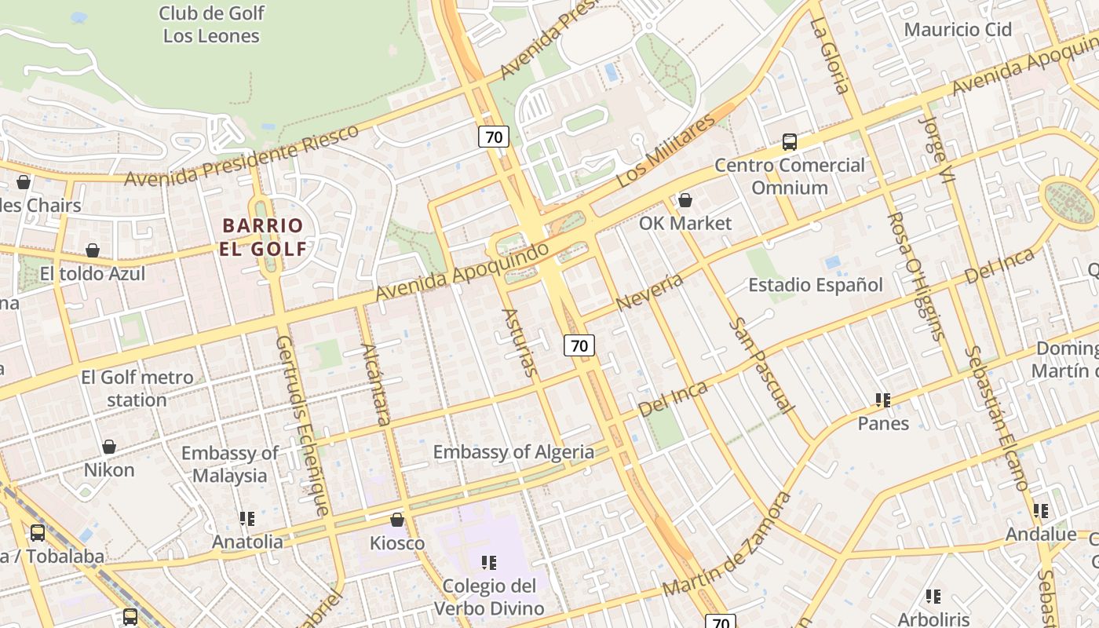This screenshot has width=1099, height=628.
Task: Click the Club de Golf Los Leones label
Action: click(211, 24)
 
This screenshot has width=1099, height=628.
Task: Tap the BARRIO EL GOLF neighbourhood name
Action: click(263, 237)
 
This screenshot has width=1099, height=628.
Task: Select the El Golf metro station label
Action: click(137, 389)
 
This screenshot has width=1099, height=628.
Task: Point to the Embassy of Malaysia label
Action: click(229, 464)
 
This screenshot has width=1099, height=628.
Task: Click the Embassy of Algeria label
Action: click(513, 451)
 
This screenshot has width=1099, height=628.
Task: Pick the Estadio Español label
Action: click(815, 284)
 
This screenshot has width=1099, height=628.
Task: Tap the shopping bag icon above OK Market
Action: click(685, 200)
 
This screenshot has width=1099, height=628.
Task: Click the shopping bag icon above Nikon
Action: click(109, 447)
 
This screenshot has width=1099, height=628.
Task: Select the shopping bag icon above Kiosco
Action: click(397, 520)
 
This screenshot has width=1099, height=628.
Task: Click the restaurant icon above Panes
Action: click(883, 400)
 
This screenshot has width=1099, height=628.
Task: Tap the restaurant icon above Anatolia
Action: click(247, 518)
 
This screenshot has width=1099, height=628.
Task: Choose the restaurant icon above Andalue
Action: click(1041, 511)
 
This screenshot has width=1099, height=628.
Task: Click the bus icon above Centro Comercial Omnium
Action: click(790, 142)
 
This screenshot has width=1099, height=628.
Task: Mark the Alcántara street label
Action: click(375, 384)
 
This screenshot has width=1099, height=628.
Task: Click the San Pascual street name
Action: click(761, 365)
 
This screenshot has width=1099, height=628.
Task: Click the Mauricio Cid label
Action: click(958, 30)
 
